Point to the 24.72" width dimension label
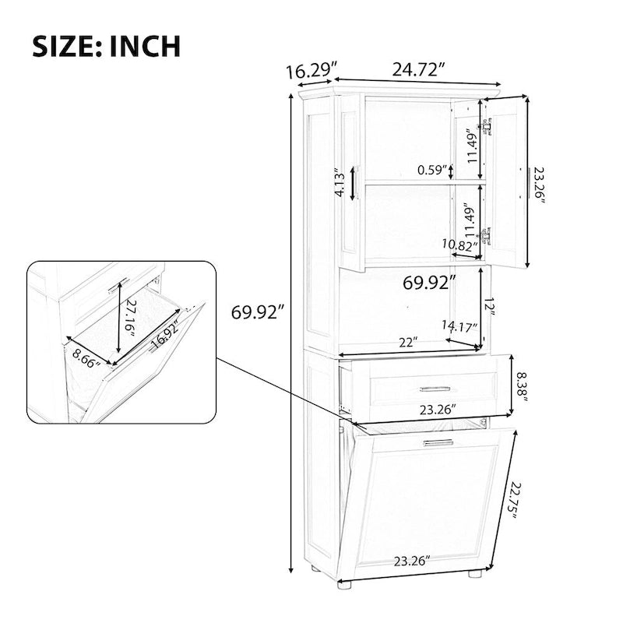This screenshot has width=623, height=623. pyautogui.click(x=419, y=69)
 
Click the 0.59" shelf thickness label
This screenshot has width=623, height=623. pyautogui.click(x=434, y=170)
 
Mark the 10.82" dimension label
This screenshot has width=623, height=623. pyautogui.click(x=459, y=245)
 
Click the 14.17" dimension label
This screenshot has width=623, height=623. pyautogui.click(x=459, y=326)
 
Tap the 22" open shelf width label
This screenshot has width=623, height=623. pyautogui.click(x=405, y=342)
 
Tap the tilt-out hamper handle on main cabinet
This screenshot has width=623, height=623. pyautogui.click(x=438, y=442)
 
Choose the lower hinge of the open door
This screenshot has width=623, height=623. pyautogui.click(x=487, y=235)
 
